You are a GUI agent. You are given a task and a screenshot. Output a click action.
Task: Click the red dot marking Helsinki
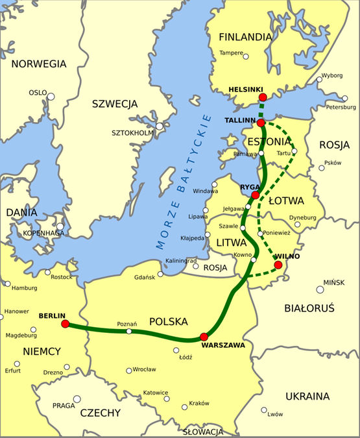pyautogui.click(x=262, y=97)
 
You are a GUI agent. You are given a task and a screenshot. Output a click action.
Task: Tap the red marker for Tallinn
pyautogui.click(x=260, y=123)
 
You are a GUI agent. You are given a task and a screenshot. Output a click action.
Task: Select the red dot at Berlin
pyautogui.click(x=65, y=323)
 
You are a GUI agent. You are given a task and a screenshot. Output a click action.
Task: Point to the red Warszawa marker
pyautogui.click(x=204, y=336)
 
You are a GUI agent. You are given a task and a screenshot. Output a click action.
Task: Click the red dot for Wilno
pyautogui.click(x=278, y=265)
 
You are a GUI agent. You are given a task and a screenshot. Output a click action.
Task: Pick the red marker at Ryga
pyautogui.click(x=255, y=195)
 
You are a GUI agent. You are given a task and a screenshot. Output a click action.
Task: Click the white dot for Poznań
pyautogui.click(x=129, y=331)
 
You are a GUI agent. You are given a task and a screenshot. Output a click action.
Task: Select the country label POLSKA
pyautogui.click(x=168, y=321)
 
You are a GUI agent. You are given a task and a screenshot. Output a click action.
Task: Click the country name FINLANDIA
pyautogui.click(x=245, y=37)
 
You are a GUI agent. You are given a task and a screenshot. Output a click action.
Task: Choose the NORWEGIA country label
pyautogui.click(x=38, y=64)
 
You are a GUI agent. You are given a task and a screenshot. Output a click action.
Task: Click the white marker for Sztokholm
pyautogui.click(x=160, y=127)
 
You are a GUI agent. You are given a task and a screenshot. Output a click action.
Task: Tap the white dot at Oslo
pyautogui.click(x=51, y=97)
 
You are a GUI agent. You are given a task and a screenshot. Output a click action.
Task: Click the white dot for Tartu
pyautogui.click(x=294, y=152)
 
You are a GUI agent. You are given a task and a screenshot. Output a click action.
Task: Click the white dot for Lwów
pyautogui.click(x=263, y=410)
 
